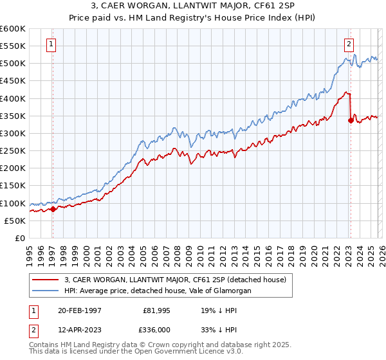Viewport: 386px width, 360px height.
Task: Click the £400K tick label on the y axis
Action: pyautogui.click(x=13, y=98)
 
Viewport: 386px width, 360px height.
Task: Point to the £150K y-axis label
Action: pyautogui.click(x=13, y=186)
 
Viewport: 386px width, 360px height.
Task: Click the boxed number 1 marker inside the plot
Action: pyautogui.click(x=51, y=44)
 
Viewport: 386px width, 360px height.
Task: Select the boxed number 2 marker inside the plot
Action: pyautogui.click(x=348, y=44)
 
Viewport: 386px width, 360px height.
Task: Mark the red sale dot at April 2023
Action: pyautogui.click(x=351, y=120)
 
